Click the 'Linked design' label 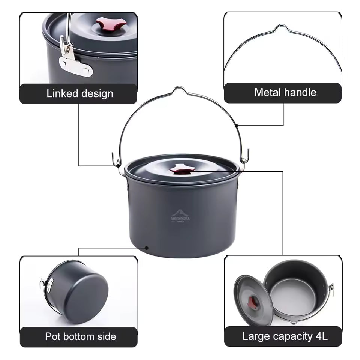[x=79, y=93]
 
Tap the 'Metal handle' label [x=285, y=92]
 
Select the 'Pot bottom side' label [x=80, y=336]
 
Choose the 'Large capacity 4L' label [x=285, y=336]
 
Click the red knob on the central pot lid [x=182, y=169]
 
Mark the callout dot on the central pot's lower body [x=147, y=247]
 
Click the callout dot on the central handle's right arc [x=237, y=125]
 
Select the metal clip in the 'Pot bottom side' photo [x=47, y=285]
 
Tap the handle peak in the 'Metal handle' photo [x=282, y=27]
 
